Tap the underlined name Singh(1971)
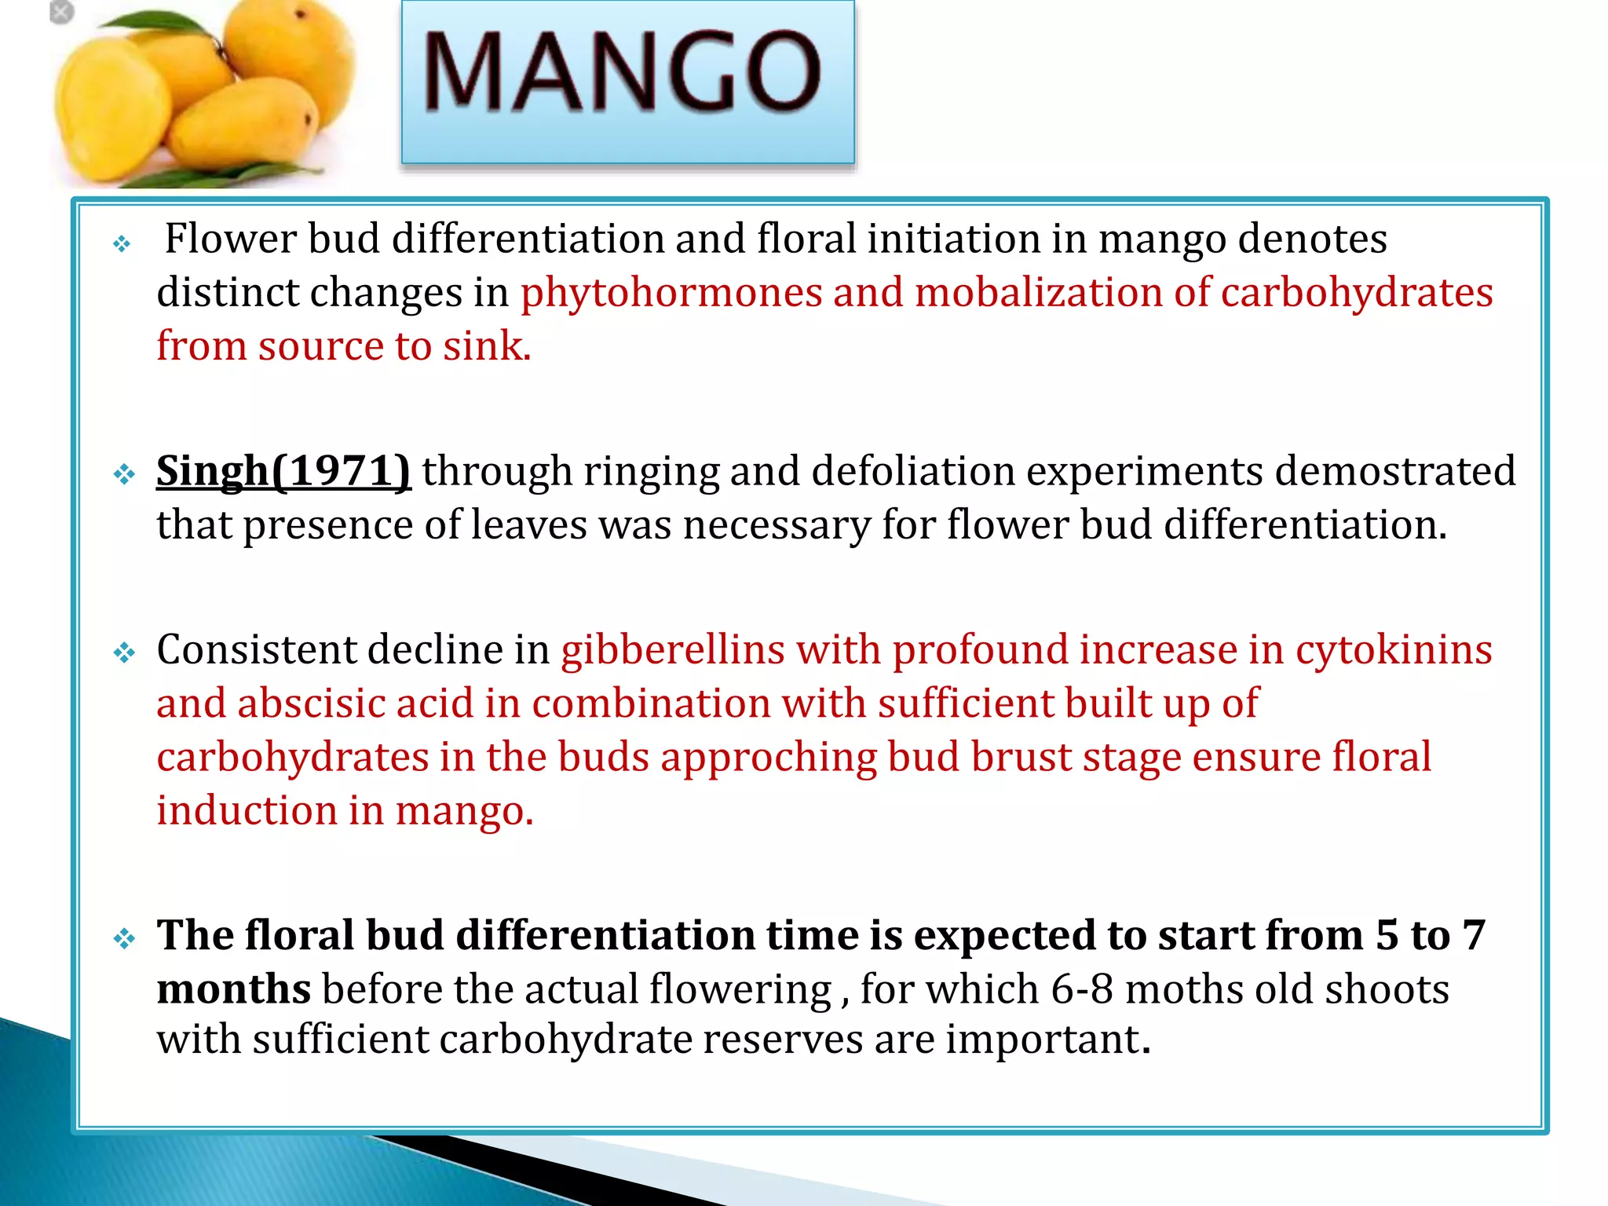(283, 472)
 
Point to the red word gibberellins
(673, 650)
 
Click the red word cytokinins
(1394, 650)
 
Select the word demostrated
(1394, 472)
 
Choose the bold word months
(234, 989)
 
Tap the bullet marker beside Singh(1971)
(124, 474)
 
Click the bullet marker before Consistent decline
(124, 652)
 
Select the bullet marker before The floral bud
(124, 938)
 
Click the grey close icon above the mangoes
(61, 13)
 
